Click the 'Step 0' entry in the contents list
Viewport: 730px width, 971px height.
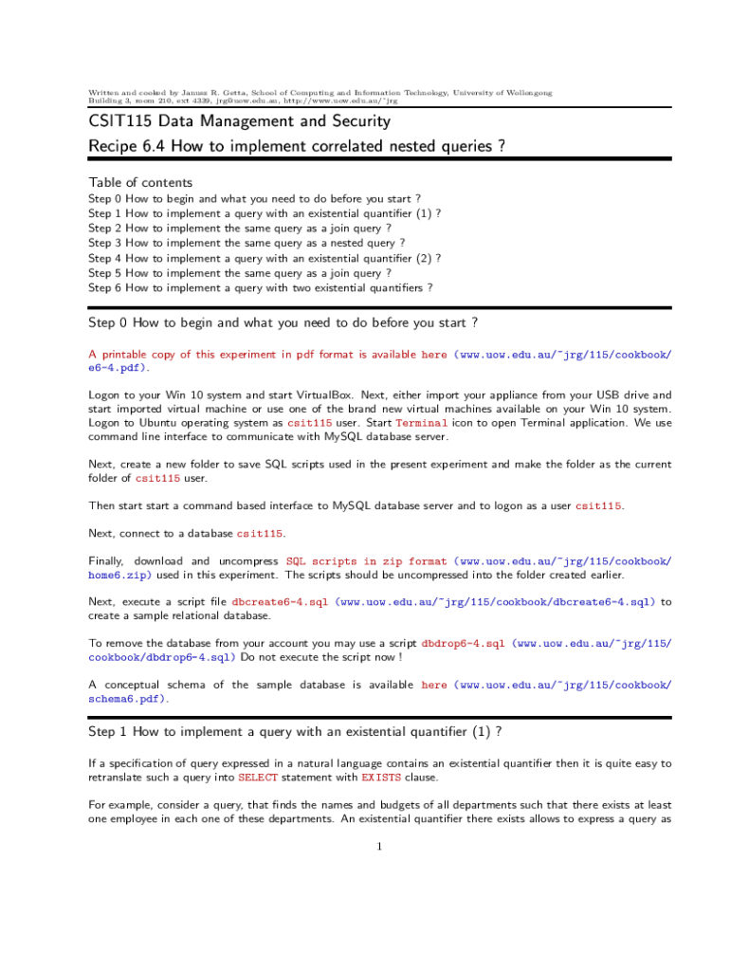pyautogui.click(x=254, y=199)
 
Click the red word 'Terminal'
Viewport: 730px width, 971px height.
pyautogui.click(x=421, y=423)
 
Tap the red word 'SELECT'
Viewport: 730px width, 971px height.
pyautogui.click(x=258, y=778)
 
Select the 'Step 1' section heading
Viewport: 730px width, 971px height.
pyautogui.click(x=294, y=731)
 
